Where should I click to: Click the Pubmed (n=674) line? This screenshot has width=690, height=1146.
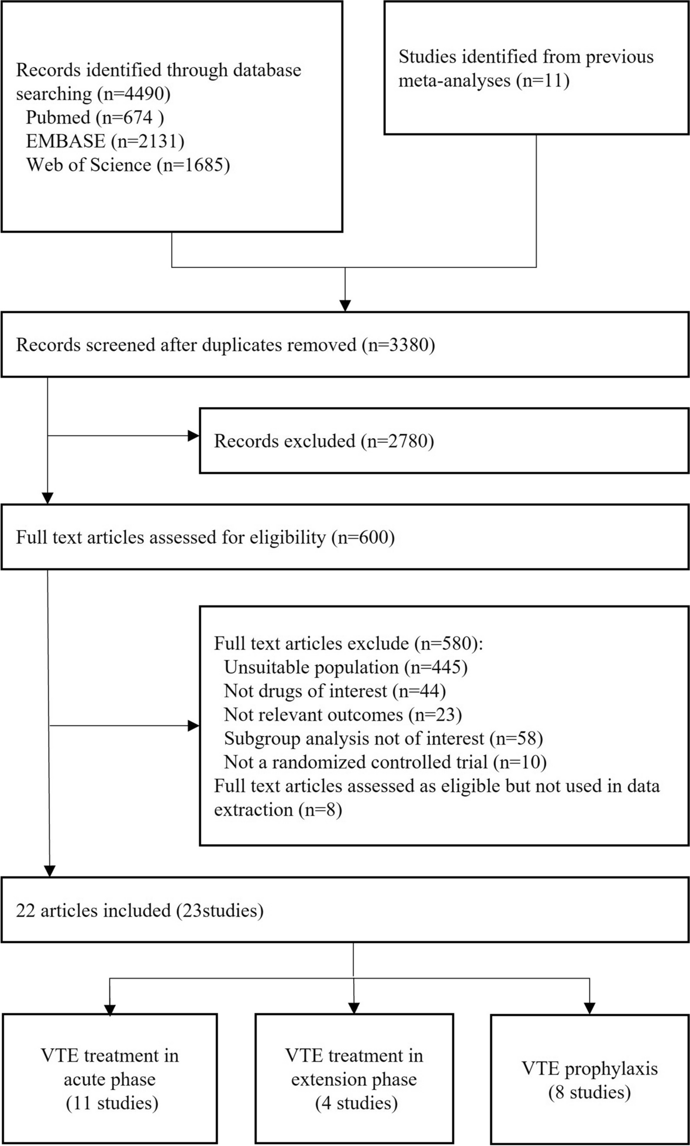point(95,118)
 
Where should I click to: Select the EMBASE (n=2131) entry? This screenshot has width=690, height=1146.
point(105,141)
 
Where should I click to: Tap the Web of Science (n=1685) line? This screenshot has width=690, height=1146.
point(128,165)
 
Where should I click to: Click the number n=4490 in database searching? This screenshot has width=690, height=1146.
point(140,94)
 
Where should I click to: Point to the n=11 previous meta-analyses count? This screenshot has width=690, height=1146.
point(543,81)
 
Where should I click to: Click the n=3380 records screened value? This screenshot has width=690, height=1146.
point(398,345)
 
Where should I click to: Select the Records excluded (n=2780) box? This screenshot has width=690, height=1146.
point(444,440)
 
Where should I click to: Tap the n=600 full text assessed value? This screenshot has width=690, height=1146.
point(363,537)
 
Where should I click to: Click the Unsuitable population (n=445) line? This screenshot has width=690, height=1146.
point(346,667)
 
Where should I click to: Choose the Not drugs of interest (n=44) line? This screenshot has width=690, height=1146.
point(334,691)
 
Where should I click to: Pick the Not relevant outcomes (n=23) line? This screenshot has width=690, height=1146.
point(343,715)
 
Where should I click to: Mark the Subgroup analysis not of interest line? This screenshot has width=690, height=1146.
point(383,738)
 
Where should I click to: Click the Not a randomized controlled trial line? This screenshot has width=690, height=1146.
point(385,762)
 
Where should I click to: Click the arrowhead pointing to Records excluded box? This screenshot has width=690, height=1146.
point(193,436)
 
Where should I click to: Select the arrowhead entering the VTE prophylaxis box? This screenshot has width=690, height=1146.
point(589,1008)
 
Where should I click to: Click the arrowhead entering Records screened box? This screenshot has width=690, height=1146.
point(346,305)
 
